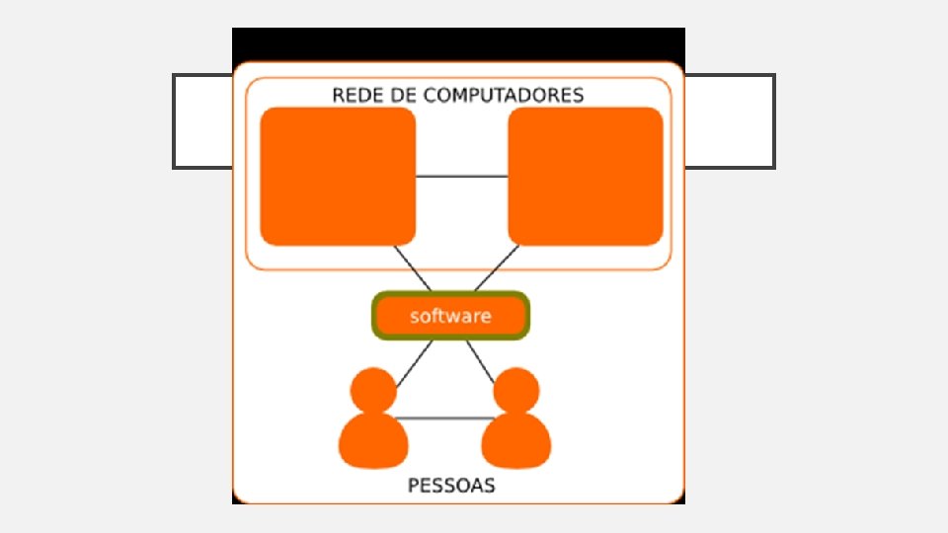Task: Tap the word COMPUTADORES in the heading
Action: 503,96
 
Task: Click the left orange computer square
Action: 338,176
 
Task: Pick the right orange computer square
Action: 585,176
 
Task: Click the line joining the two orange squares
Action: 461,177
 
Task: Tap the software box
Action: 451,316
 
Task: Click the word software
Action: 450,317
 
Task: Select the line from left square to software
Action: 412,267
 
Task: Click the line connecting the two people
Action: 444,419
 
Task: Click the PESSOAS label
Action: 451,486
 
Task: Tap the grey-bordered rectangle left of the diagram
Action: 203,120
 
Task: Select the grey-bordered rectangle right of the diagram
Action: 730,120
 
